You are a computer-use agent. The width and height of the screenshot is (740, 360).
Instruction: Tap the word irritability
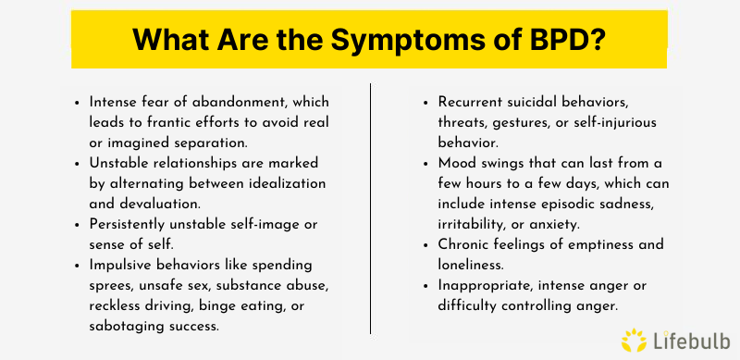(475, 223)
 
